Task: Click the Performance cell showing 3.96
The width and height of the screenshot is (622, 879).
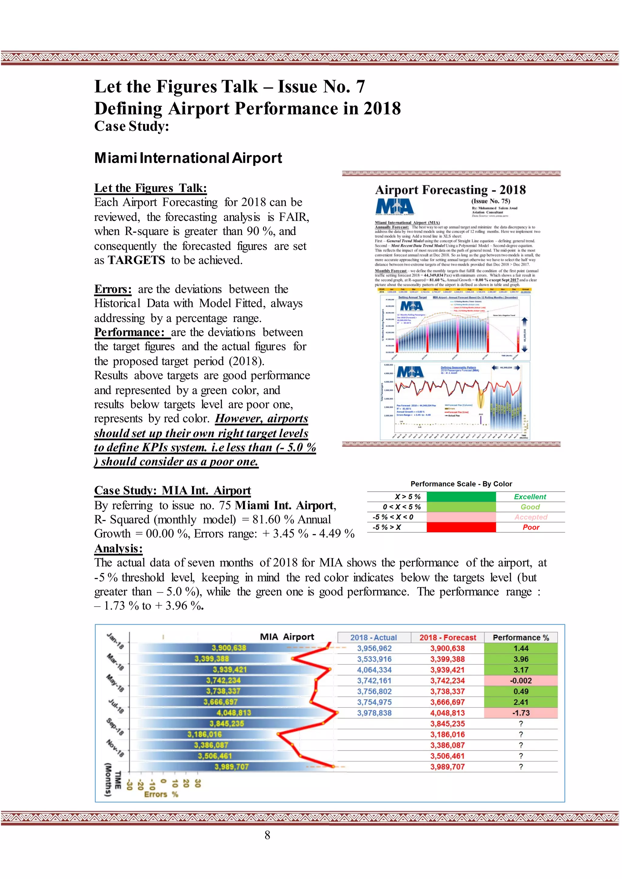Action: pyautogui.click(x=521, y=659)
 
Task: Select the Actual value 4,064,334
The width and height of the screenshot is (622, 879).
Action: pyautogui.click(x=374, y=670)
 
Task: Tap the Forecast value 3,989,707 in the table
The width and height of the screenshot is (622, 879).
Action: pyautogui.click(x=447, y=766)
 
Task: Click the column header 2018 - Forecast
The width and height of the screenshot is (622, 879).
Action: pyautogui.click(x=447, y=637)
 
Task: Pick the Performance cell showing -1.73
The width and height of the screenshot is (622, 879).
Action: pyautogui.click(x=521, y=713)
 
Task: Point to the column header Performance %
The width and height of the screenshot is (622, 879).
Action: pyautogui.click(x=521, y=637)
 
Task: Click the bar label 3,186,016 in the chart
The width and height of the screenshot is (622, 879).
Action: pyautogui.click(x=204, y=734)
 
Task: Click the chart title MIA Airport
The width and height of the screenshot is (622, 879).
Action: pyautogui.click(x=287, y=637)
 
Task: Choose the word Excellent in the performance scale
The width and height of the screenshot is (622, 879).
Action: pyautogui.click(x=530, y=497)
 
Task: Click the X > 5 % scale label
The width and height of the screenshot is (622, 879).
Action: pyautogui.click(x=408, y=497)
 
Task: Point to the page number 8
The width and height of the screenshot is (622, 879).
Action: pyautogui.click(x=267, y=835)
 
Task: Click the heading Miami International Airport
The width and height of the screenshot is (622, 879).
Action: pyautogui.click(x=188, y=158)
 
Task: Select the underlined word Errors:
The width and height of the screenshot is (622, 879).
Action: pyautogui.click(x=113, y=289)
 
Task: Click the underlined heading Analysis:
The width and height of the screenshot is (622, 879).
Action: pyautogui.click(x=118, y=548)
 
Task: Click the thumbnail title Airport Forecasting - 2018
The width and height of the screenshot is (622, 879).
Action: pyautogui.click(x=450, y=190)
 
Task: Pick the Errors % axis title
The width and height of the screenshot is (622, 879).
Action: pyautogui.click(x=161, y=794)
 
